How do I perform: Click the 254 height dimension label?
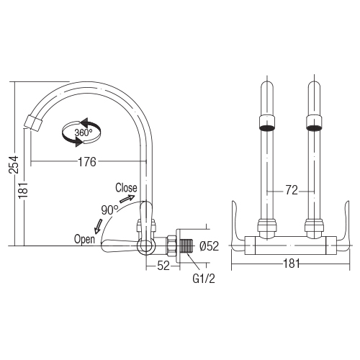14,165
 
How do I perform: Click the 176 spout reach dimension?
87,162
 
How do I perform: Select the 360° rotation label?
83,132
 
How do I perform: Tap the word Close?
126,188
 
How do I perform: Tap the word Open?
84,240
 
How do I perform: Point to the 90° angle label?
109,210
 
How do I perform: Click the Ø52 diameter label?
209,246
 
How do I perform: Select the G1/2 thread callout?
204,279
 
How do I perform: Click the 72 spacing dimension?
292,190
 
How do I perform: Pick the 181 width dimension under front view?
292,264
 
